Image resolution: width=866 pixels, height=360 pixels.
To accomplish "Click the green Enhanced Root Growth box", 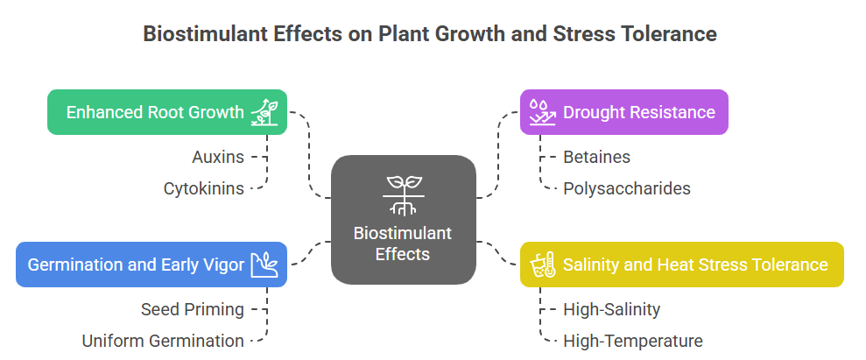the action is click(166, 112).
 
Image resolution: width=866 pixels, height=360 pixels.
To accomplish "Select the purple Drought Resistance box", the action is click(624, 112).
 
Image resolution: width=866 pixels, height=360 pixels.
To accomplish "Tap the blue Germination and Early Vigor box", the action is click(151, 265).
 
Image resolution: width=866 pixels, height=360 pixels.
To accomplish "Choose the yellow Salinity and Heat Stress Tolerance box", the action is click(682, 265).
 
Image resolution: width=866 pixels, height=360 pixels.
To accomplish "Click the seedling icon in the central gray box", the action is click(405, 195).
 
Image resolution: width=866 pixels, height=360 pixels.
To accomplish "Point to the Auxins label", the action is click(218, 158).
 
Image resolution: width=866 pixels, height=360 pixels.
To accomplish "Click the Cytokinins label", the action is click(203, 189).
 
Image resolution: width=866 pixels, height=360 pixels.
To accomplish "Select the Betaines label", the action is click(596, 158).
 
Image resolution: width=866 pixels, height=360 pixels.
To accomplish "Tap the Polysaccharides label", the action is click(627, 189).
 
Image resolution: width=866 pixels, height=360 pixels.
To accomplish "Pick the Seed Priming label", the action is click(192, 309).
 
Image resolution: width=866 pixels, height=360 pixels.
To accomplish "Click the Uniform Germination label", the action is click(163, 342).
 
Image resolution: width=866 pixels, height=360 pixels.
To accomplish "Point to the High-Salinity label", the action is click(611, 309).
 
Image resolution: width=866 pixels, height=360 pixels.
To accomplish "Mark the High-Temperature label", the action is click(633, 342).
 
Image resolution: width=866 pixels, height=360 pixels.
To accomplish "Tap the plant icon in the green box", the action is click(264, 112).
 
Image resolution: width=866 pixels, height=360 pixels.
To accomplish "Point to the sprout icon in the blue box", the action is click(264, 265).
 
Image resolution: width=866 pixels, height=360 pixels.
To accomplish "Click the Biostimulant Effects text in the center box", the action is click(403, 244).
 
